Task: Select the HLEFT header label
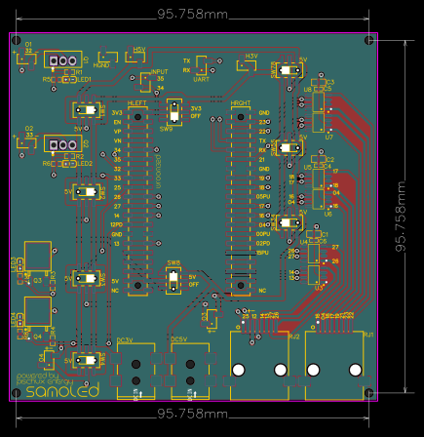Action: click(x=138, y=101)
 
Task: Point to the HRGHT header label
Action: click(x=241, y=101)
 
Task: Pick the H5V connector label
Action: click(x=139, y=50)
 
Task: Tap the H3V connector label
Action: click(x=251, y=56)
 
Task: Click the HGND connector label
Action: click(x=101, y=63)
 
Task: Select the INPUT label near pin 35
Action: click(x=160, y=73)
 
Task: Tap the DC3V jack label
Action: click(x=125, y=339)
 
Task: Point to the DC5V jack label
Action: click(x=178, y=339)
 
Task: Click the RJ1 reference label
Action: click(x=367, y=335)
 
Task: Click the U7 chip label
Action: click(x=329, y=137)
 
